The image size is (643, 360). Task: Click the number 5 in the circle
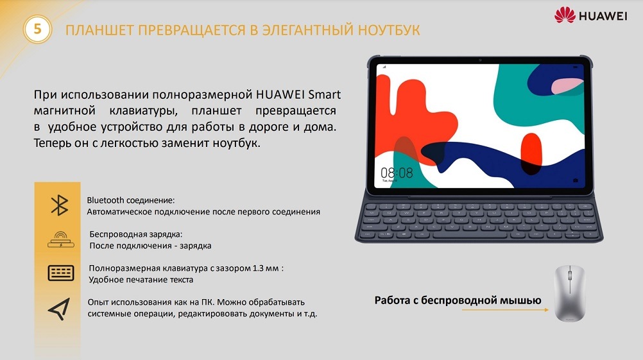37,30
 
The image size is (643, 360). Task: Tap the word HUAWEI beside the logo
603,16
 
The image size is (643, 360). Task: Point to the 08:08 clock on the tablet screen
397,173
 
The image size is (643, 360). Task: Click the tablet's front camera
479,60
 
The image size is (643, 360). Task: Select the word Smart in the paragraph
324,95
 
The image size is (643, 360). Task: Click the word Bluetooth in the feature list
107,200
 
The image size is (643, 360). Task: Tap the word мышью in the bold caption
521,300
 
